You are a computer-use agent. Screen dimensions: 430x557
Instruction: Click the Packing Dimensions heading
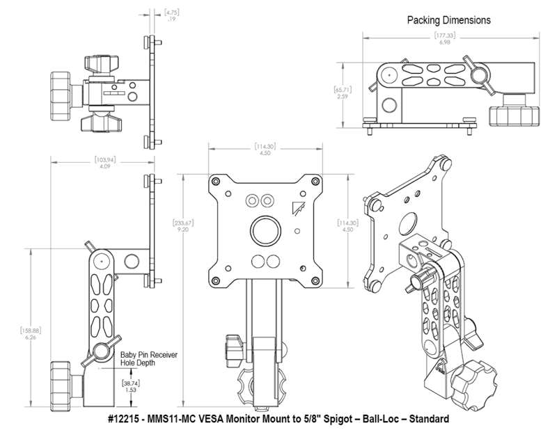coord(449,21)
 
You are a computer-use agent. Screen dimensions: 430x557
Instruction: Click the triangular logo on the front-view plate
coord(297,207)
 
